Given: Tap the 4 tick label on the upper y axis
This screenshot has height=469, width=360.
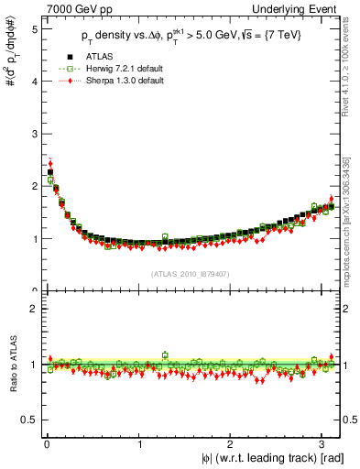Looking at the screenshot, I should click(34, 81).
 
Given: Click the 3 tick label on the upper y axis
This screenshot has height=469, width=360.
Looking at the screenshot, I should click(34, 134).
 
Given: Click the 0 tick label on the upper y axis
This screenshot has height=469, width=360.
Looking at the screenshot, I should click(34, 290).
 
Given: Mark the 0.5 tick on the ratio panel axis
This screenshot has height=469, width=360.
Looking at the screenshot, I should click(30, 420).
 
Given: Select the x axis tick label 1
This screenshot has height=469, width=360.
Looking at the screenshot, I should click(138, 446).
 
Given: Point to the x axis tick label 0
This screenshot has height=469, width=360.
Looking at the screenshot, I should click(48, 446).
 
